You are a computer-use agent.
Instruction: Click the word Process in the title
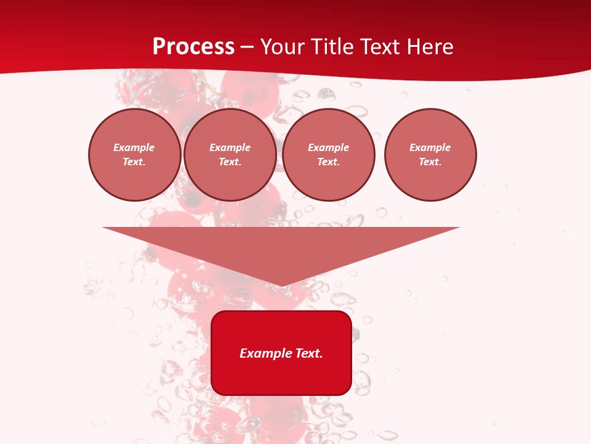tap(193, 47)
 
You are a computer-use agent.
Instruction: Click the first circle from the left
tap(135, 155)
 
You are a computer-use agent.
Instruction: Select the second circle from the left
tap(230, 155)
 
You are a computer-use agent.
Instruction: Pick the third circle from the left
tap(329, 155)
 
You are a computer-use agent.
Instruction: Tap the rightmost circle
tap(430, 155)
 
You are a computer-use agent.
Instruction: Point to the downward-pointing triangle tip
tap(281, 284)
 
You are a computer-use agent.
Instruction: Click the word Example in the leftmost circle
tap(134, 148)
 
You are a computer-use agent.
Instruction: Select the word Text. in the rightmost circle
tap(430, 162)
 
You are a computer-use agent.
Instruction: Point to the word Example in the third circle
tap(329, 148)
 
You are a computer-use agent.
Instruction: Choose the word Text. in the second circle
tap(230, 162)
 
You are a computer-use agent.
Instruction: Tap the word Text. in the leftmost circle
tap(134, 162)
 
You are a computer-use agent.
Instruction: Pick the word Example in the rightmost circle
tap(430, 148)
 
